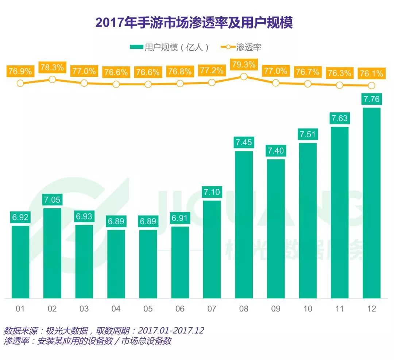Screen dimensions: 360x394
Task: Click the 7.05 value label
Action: [x=52, y=200]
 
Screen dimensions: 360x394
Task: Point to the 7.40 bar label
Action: [x=276, y=151]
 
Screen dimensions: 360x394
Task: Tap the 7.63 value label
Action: [x=340, y=118]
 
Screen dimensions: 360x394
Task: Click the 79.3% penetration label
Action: [x=244, y=65]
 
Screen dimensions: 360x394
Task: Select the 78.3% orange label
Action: [x=52, y=67]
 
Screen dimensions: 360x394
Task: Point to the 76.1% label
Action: [x=371, y=74]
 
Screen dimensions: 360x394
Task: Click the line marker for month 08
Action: [x=244, y=77]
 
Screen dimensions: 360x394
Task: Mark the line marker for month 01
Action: [x=20, y=83]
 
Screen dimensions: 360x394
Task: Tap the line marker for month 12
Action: [x=371, y=85]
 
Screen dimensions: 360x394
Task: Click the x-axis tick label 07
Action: [x=212, y=309]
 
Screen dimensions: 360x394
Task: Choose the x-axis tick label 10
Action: [x=308, y=309]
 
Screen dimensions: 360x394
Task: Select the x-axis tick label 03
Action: [x=84, y=309]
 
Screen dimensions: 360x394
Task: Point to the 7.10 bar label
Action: [x=212, y=192]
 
